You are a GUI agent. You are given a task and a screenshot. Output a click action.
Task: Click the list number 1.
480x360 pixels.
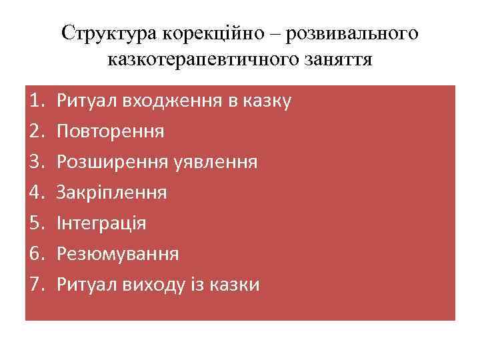[x=37, y=101]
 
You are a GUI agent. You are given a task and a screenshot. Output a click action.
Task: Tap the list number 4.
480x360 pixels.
[x=37, y=193]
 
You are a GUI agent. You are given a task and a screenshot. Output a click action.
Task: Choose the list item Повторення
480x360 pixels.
[x=110, y=132]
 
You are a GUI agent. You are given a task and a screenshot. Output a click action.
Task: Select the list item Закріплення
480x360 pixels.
[x=112, y=193]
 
